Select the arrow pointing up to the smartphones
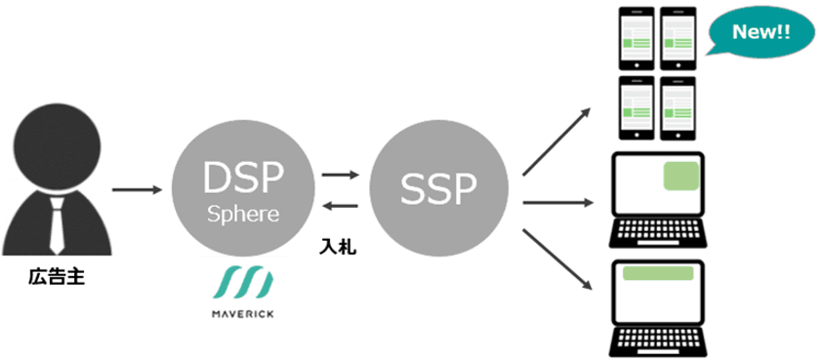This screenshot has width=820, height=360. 557,141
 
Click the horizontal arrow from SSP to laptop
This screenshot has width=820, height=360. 558,203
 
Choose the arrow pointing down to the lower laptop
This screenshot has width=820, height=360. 557,260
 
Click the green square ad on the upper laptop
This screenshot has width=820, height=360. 679,177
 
